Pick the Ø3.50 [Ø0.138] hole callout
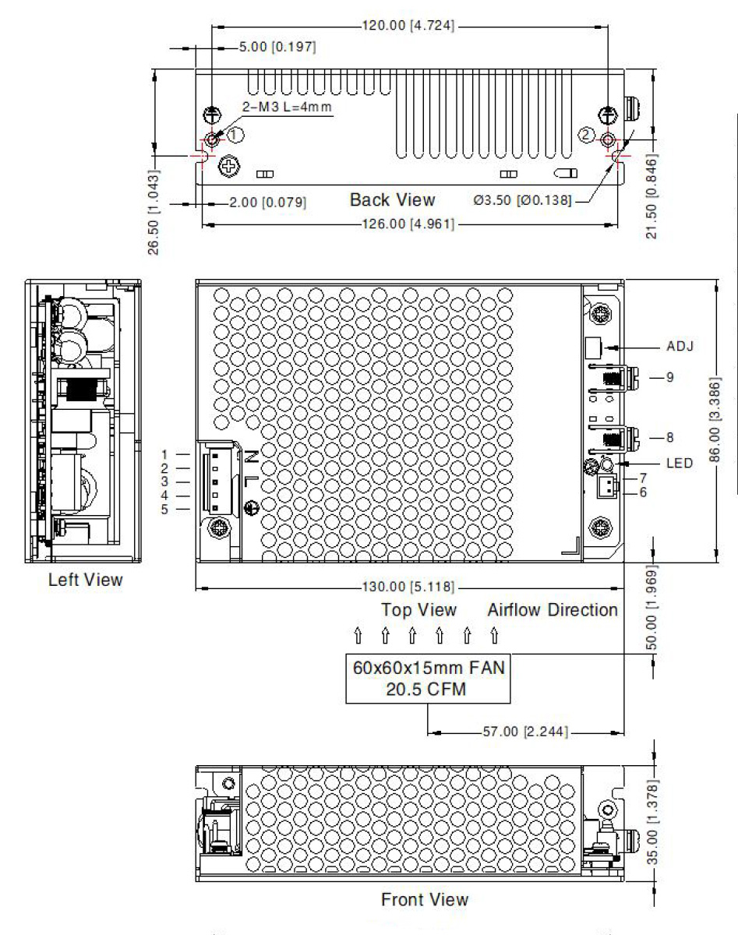click(522, 201)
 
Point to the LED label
click(680, 463)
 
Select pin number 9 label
click(669, 377)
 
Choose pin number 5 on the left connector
click(164, 510)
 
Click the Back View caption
click(392, 199)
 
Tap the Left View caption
click(85, 580)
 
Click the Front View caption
click(425, 899)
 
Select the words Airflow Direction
click(553, 609)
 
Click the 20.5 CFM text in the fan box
click(427, 690)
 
